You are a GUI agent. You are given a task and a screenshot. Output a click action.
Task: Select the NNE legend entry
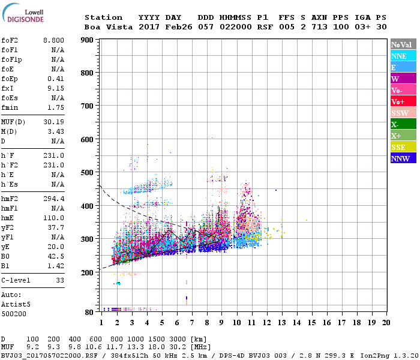click(403, 56)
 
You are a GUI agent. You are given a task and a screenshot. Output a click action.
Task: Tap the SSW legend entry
click(403, 113)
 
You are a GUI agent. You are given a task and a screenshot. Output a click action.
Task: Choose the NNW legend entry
click(403, 158)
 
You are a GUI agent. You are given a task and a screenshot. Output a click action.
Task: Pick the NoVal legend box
click(403, 44)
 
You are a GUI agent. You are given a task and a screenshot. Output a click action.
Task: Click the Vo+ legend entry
click(403, 101)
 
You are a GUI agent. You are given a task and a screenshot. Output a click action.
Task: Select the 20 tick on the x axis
click(386, 322)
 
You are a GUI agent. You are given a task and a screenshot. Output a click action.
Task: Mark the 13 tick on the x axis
click(281, 322)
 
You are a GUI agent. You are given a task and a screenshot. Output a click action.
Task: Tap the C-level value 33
click(60, 280)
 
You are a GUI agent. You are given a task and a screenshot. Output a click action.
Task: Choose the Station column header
click(103, 17)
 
